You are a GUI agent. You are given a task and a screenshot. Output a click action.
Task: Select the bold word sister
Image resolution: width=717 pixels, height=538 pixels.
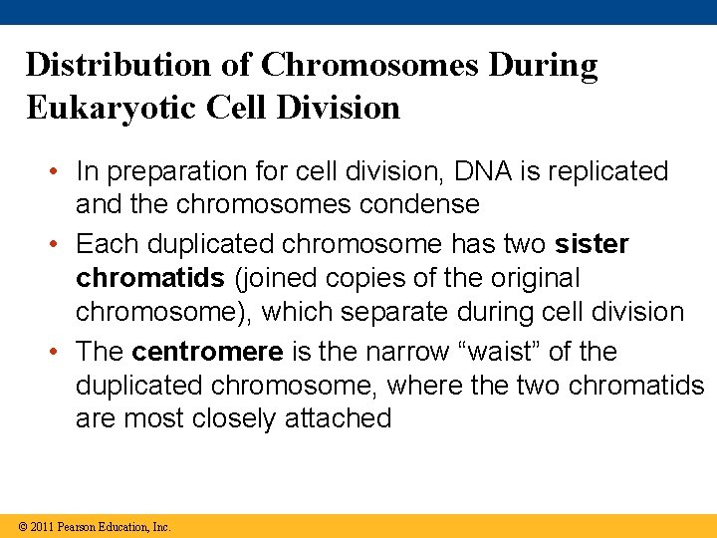point(592,244)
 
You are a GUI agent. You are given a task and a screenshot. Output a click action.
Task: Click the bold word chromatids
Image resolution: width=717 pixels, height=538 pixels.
point(149,278)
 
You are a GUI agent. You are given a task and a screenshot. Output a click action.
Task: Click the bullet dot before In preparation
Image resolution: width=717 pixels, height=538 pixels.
point(57,172)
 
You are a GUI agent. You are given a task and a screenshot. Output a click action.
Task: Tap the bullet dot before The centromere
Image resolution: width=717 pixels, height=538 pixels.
point(57,353)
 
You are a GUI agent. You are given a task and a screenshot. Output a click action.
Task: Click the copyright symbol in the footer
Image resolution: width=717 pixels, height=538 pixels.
point(22,527)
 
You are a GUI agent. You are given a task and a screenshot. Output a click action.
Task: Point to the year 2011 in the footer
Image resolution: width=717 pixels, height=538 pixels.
point(42,527)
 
